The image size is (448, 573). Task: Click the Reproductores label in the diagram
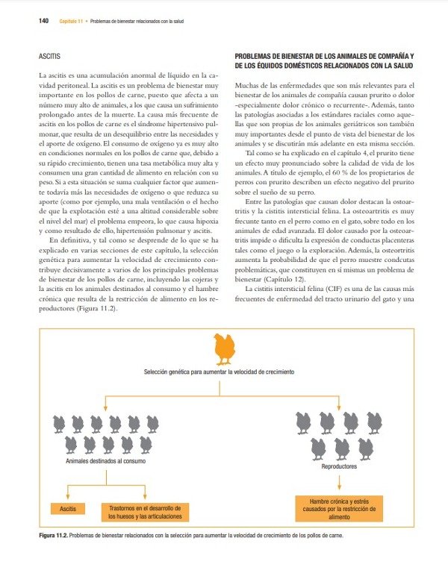click(x=340, y=467)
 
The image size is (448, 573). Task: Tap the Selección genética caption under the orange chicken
click(x=220, y=371)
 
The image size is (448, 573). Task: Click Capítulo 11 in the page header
click(x=70, y=21)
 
